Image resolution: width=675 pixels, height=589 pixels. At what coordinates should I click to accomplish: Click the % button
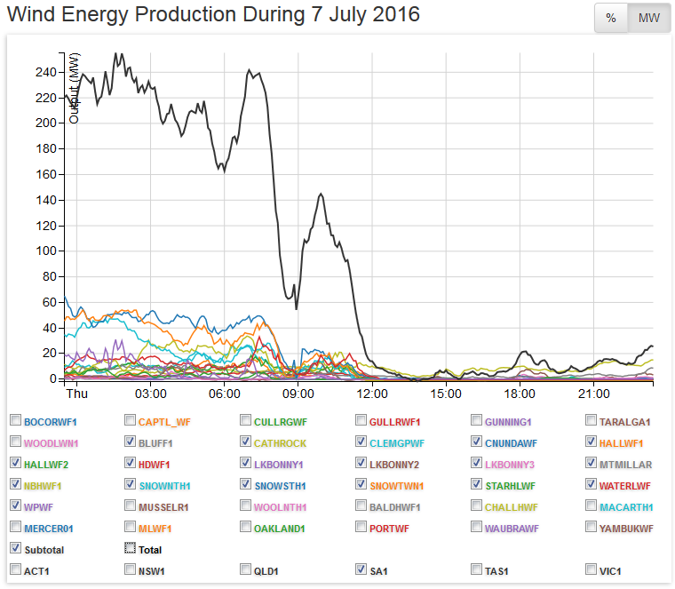611,18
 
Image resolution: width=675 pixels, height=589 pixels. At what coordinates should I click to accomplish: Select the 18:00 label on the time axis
519,393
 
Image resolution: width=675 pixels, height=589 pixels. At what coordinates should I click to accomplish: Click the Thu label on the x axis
76,393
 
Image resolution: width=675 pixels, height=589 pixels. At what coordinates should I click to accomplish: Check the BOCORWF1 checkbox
15,420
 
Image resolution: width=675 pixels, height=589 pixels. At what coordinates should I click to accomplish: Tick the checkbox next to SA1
361,569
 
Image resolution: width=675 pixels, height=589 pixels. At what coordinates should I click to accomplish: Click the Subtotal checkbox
15,549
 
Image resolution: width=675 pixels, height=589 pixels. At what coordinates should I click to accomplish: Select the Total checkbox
131,549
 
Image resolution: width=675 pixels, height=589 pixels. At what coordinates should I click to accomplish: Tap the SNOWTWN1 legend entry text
398,485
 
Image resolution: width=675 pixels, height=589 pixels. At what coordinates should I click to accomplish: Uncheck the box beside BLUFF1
131,442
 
